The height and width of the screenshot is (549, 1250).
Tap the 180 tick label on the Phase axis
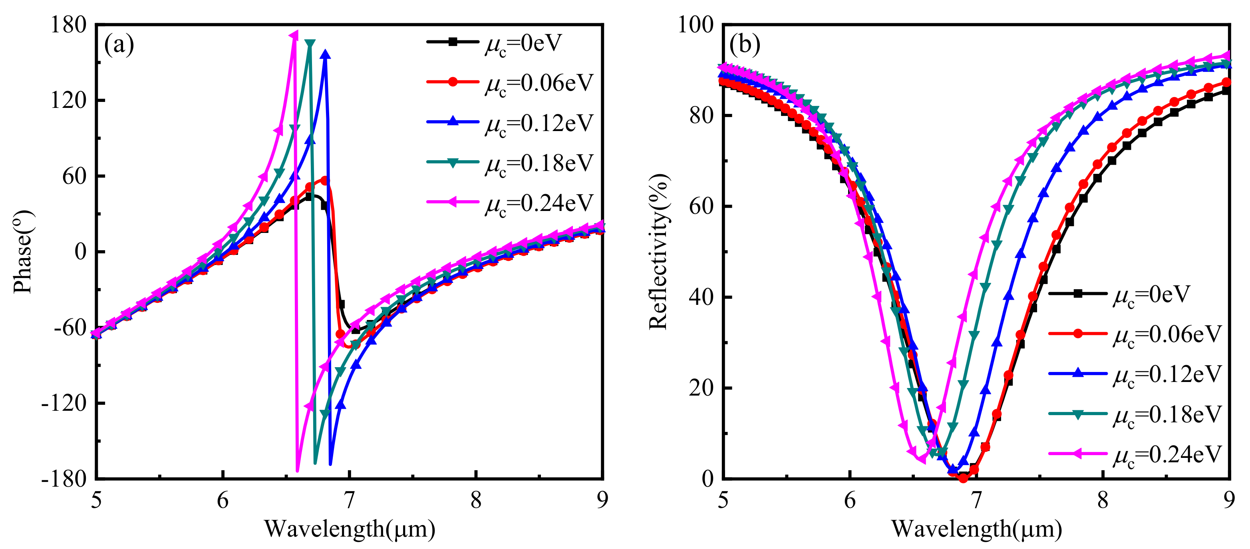click(x=68, y=24)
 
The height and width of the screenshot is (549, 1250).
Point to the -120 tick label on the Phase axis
click(x=64, y=403)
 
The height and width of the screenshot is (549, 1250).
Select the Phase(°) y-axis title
click(x=23, y=251)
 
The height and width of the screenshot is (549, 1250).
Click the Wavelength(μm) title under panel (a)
click(x=350, y=529)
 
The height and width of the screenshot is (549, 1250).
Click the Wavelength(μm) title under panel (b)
click(x=976, y=529)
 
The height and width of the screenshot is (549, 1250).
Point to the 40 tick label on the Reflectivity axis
click(x=701, y=297)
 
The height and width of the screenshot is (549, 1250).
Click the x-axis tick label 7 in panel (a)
click(x=350, y=499)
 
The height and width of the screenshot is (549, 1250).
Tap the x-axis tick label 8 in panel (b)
click(x=1103, y=499)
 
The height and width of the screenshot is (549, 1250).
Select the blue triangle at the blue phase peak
click(x=326, y=54)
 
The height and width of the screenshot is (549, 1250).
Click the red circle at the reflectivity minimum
click(x=963, y=478)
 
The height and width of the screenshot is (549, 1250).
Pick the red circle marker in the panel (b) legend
click(x=1078, y=334)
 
